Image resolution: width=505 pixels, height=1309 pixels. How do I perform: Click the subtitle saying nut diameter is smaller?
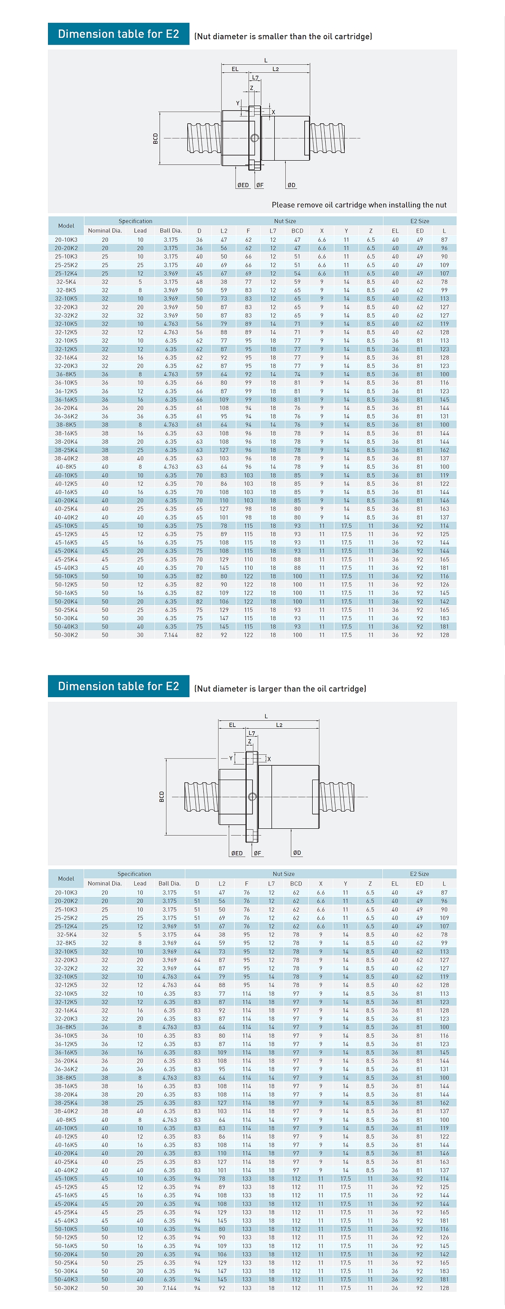283,37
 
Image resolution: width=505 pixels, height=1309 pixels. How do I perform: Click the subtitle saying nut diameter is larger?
280,688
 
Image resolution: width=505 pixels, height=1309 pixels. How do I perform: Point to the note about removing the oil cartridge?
359,205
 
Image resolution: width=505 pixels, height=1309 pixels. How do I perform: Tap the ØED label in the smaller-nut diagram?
243,185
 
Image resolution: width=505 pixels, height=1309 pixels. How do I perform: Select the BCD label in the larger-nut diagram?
162,796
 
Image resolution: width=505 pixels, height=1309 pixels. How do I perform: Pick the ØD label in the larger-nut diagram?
297,853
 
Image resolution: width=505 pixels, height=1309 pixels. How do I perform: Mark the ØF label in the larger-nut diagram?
257,853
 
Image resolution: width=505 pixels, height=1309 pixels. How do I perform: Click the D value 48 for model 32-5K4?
199,281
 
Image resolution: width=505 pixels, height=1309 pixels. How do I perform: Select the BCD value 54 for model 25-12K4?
297,273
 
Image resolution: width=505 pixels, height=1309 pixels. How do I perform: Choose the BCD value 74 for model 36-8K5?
297,374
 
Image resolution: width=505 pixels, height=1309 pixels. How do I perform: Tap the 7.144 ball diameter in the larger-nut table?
169,1288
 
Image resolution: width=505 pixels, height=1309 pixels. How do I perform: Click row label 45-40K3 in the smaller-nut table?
66,568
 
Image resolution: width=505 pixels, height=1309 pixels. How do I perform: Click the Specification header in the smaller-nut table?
135,221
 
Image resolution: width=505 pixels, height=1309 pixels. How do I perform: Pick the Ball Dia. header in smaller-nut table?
170,231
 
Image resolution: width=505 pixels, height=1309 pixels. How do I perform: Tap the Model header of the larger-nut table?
66,878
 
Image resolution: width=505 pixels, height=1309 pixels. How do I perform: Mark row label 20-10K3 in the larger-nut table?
66,892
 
